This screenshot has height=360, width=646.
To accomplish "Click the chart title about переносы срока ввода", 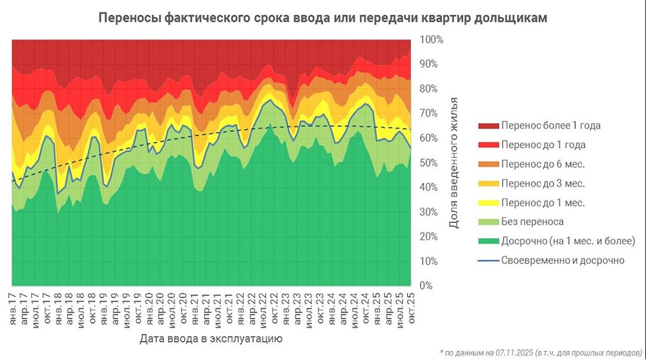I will pos(322,17).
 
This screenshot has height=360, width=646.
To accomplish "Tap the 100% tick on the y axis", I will pos(432,39).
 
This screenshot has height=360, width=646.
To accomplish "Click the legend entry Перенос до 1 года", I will pos(543,145).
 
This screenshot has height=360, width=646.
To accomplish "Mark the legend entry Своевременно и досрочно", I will pos(562,260).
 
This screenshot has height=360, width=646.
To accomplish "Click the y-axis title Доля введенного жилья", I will pos(454,163).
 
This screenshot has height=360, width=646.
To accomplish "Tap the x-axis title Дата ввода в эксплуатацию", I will pos(211,338).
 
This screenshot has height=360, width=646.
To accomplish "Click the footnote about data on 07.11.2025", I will pos(540,352).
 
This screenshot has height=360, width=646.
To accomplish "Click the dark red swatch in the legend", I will pos(487,125).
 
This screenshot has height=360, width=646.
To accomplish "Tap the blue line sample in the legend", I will pos(487,260).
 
